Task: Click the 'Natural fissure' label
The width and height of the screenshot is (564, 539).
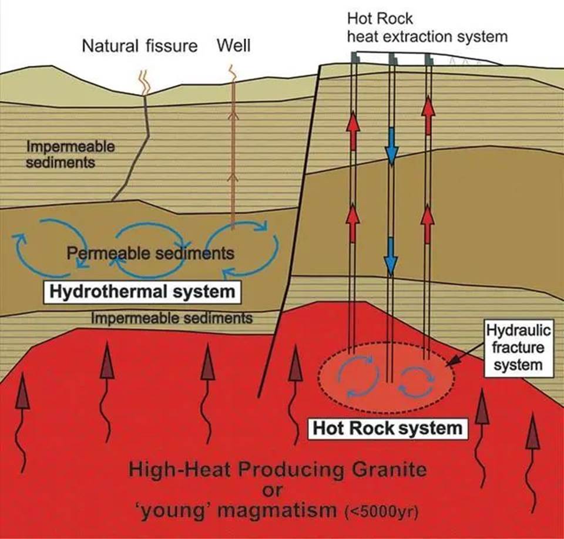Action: click(x=140, y=46)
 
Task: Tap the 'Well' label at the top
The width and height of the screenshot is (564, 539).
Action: click(x=233, y=45)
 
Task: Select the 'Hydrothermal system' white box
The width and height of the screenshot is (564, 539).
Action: click(x=142, y=292)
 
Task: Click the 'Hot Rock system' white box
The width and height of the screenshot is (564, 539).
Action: click(x=388, y=427)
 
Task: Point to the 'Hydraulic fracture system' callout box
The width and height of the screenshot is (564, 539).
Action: click(x=516, y=348)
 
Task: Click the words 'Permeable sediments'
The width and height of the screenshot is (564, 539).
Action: click(x=150, y=254)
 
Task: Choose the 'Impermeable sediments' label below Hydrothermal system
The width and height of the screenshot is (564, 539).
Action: click(x=172, y=318)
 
